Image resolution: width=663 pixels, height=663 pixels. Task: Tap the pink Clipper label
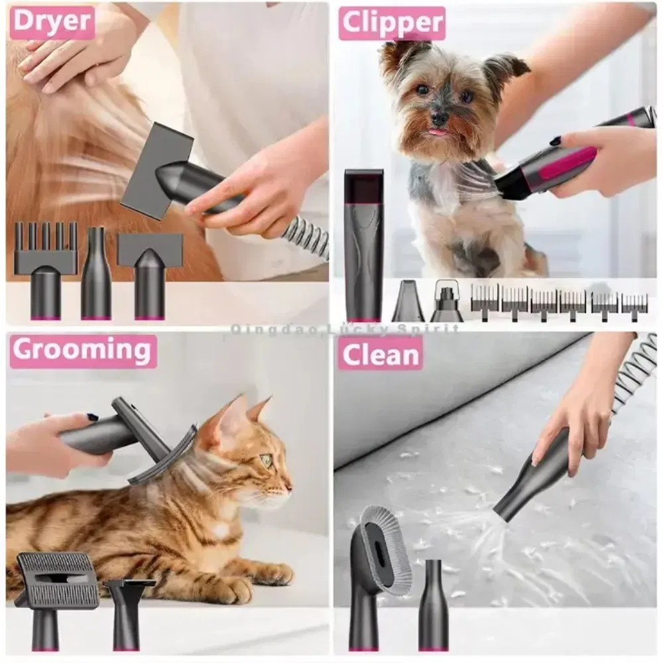coord(392,23)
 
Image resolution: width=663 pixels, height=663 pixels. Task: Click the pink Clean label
coord(380,354)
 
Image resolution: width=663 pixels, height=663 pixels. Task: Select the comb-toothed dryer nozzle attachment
coord(45,271)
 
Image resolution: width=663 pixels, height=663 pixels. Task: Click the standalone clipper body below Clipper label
coord(363,245)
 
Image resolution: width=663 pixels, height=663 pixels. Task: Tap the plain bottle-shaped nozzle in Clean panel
coord(433,605)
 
